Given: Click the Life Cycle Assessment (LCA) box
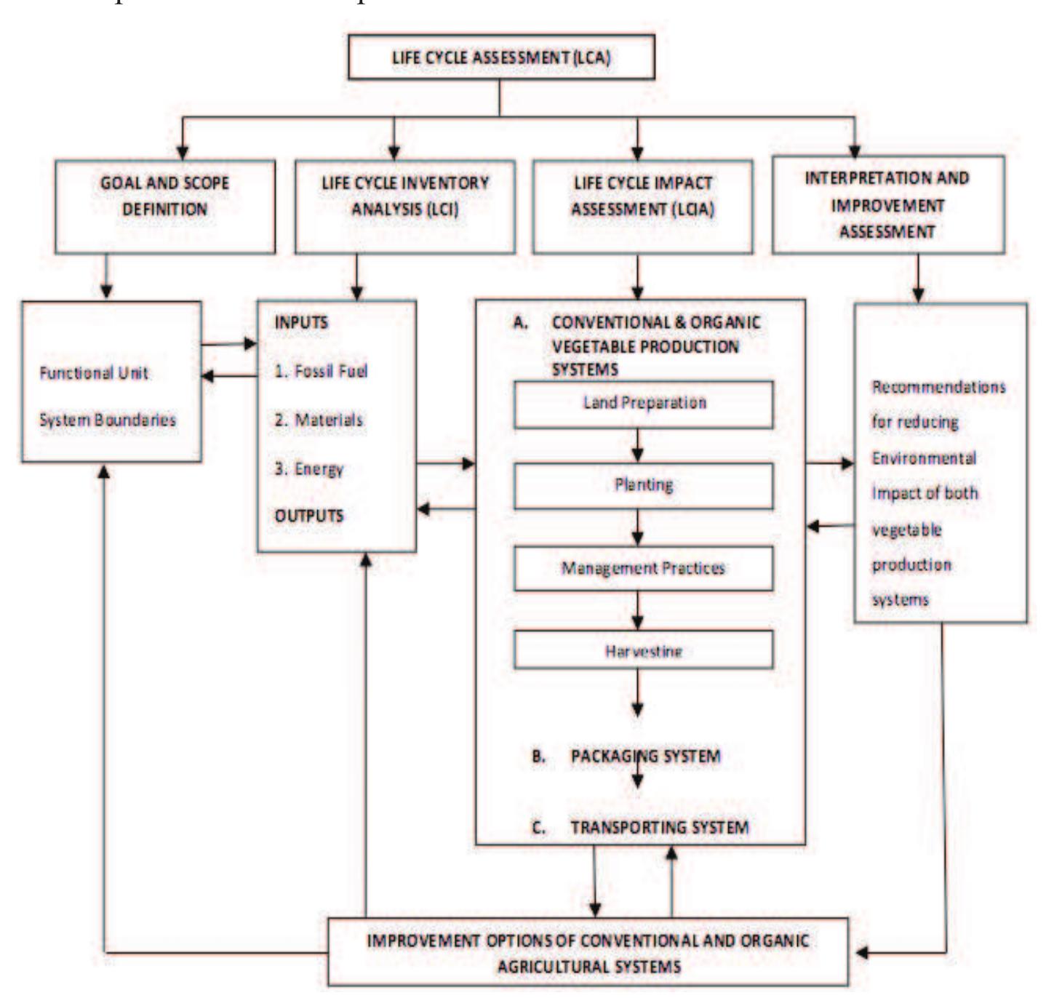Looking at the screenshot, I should tap(500, 57).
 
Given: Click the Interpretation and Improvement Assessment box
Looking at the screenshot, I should tap(887, 204).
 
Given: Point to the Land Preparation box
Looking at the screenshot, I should tap(643, 404).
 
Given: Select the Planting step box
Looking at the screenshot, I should tap(643, 485).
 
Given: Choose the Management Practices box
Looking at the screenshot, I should tap(643, 568).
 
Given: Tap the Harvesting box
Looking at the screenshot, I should tap(643, 650).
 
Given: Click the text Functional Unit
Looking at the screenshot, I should tap(93, 373).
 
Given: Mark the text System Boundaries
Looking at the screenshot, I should tap(107, 420).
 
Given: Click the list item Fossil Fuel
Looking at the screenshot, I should tap(321, 371).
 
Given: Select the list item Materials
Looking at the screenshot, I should tap(319, 420).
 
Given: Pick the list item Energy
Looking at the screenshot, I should tap(309, 469).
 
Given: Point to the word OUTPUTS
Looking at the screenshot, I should tap(308, 516).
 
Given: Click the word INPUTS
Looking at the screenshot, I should tap(301, 322).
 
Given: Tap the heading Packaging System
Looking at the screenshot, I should tap(644, 757).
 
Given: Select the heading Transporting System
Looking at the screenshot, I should tap(659, 827).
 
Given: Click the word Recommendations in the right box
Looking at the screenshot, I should tap(938, 387).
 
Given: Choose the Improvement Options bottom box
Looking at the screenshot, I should tap(588, 953).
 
